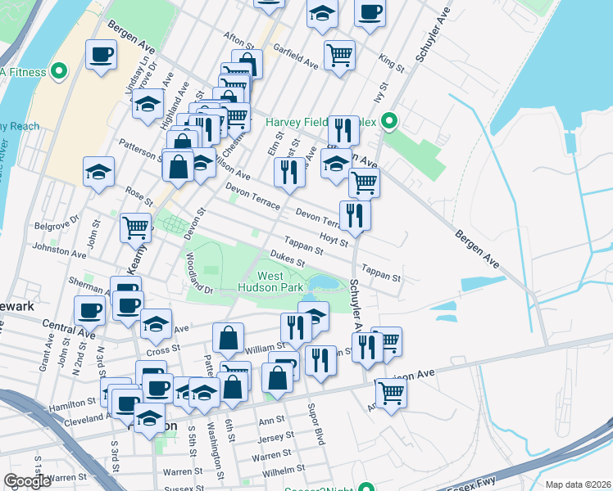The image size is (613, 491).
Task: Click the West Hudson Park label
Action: pyautogui.click(x=270, y=282)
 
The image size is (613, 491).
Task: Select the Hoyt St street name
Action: pyautogui.click(x=334, y=239)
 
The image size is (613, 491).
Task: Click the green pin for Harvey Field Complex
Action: pyautogui.click(x=390, y=124)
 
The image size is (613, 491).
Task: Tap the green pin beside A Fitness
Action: pyautogui.click(x=58, y=72)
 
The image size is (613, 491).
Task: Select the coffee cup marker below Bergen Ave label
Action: pyautogui.click(x=101, y=55)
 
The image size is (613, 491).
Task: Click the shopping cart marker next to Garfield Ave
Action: pyautogui.click(x=339, y=56)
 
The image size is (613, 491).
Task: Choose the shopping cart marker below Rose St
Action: pyautogui.click(x=136, y=227)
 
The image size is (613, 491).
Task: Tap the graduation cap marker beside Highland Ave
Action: pyautogui.click(x=148, y=105)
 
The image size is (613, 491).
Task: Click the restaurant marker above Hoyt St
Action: pyautogui.click(x=355, y=215)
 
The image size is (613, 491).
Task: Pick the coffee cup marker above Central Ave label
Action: pyautogui.click(x=90, y=310)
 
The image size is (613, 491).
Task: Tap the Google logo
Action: pyautogui.click(x=27, y=481)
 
